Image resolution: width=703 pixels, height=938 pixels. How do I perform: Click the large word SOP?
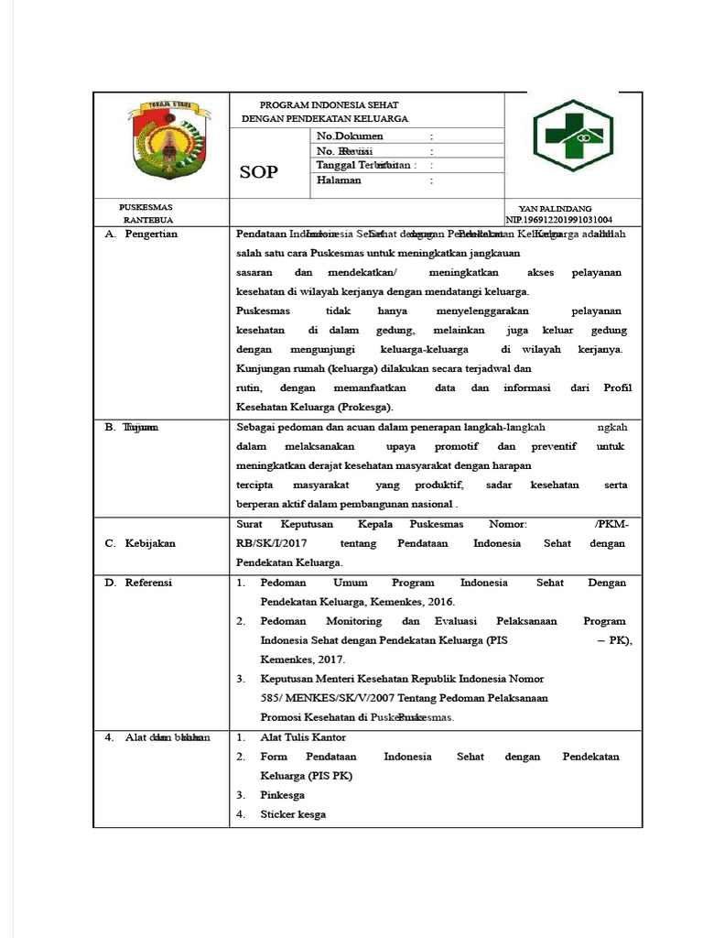(258, 172)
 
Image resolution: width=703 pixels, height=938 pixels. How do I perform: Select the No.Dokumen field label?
(350, 136)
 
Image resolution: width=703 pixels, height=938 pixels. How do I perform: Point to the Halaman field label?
(339, 180)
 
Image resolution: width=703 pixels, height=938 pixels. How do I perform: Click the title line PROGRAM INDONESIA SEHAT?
(329, 105)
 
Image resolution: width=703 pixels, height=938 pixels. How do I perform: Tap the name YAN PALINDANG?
(556, 210)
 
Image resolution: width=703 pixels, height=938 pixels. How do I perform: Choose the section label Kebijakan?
(150, 543)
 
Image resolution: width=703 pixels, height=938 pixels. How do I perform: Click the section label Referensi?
(149, 583)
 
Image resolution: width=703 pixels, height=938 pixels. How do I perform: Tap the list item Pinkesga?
(282, 795)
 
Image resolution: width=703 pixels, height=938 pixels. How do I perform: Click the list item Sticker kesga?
(293, 814)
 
